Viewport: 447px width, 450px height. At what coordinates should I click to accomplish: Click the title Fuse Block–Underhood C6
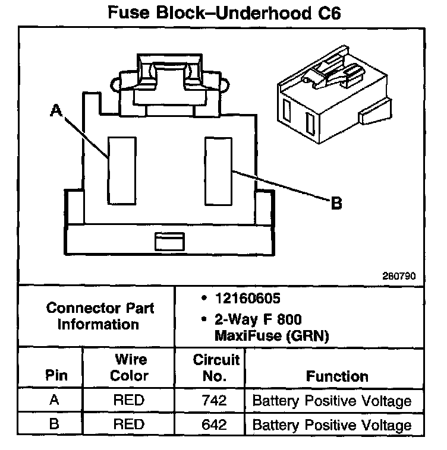(x=223, y=13)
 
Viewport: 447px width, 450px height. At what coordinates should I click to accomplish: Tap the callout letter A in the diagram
(x=56, y=110)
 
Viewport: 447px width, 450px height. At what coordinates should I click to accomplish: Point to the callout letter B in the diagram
(x=336, y=204)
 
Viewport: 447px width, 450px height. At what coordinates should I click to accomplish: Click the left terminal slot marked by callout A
(x=118, y=170)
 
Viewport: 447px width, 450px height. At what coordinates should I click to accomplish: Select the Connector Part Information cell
(x=100, y=316)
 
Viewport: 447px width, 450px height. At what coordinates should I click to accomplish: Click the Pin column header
(x=56, y=376)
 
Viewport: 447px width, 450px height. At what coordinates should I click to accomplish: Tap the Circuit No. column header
(x=216, y=368)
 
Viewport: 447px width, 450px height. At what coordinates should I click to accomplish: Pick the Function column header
(x=337, y=376)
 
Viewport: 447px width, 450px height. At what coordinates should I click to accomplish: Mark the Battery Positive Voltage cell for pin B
(x=332, y=424)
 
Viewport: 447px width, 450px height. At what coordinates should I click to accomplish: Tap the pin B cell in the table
(x=55, y=424)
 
